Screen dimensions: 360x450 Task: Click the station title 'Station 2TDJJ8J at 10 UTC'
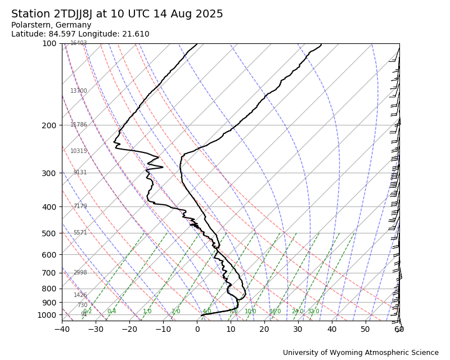coord(117,14)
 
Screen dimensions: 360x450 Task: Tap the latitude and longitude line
coord(80,34)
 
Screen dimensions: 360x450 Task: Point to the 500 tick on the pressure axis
coord(49,233)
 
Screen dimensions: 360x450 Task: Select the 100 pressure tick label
coord(49,43)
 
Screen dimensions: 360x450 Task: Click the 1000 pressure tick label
coord(47,315)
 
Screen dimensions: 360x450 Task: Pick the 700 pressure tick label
coord(49,273)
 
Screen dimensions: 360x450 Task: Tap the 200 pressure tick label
coord(49,125)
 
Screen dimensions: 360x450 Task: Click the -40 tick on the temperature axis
coord(62,329)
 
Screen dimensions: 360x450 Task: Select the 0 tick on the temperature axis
coord(197,329)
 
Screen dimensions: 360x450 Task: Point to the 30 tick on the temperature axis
coord(298,329)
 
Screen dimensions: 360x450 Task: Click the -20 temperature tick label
coord(129,329)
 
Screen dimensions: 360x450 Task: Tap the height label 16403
coord(79,43)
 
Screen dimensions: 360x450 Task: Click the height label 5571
coord(80,233)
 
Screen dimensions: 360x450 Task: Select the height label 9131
coord(80,173)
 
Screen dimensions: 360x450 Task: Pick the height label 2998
coord(80,273)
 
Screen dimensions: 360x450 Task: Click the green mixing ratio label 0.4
coord(111,312)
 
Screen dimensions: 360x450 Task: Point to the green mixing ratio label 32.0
coord(313,312)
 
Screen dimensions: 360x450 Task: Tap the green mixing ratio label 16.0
coord(274,312)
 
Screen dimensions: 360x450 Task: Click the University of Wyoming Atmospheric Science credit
coord(361,353)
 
